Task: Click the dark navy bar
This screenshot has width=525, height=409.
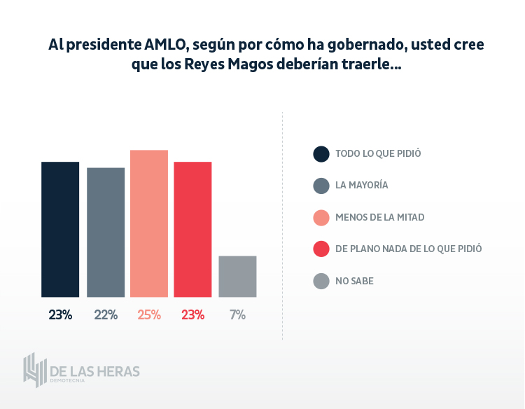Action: pos(60,229)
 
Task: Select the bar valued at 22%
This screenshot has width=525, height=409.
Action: pos(106,232)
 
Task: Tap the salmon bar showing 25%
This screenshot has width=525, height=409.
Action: pos(149,223)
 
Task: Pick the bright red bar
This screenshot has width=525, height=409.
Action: pos(192,229)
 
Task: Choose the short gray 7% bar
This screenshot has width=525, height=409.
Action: pos(237,276)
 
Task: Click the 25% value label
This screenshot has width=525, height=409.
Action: pos(149,315)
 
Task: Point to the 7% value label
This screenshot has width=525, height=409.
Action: pos(237,315)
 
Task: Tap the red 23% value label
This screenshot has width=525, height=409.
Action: pos(192,315)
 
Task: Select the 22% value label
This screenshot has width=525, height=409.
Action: pos(106,315)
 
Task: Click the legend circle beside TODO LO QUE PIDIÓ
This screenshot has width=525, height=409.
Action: pos(321,153)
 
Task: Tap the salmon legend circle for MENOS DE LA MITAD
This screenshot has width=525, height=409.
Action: pos(321,217)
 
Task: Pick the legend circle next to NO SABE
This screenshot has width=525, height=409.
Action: pos(321,281)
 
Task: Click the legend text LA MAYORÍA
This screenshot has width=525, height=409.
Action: pos(361,186)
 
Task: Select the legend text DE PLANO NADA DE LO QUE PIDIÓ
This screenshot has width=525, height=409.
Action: pos(408,249)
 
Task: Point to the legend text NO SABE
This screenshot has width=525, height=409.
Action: pos(354,281)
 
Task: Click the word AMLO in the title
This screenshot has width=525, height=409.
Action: pos(166,44)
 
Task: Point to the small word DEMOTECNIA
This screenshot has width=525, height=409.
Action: pos(67,382)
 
